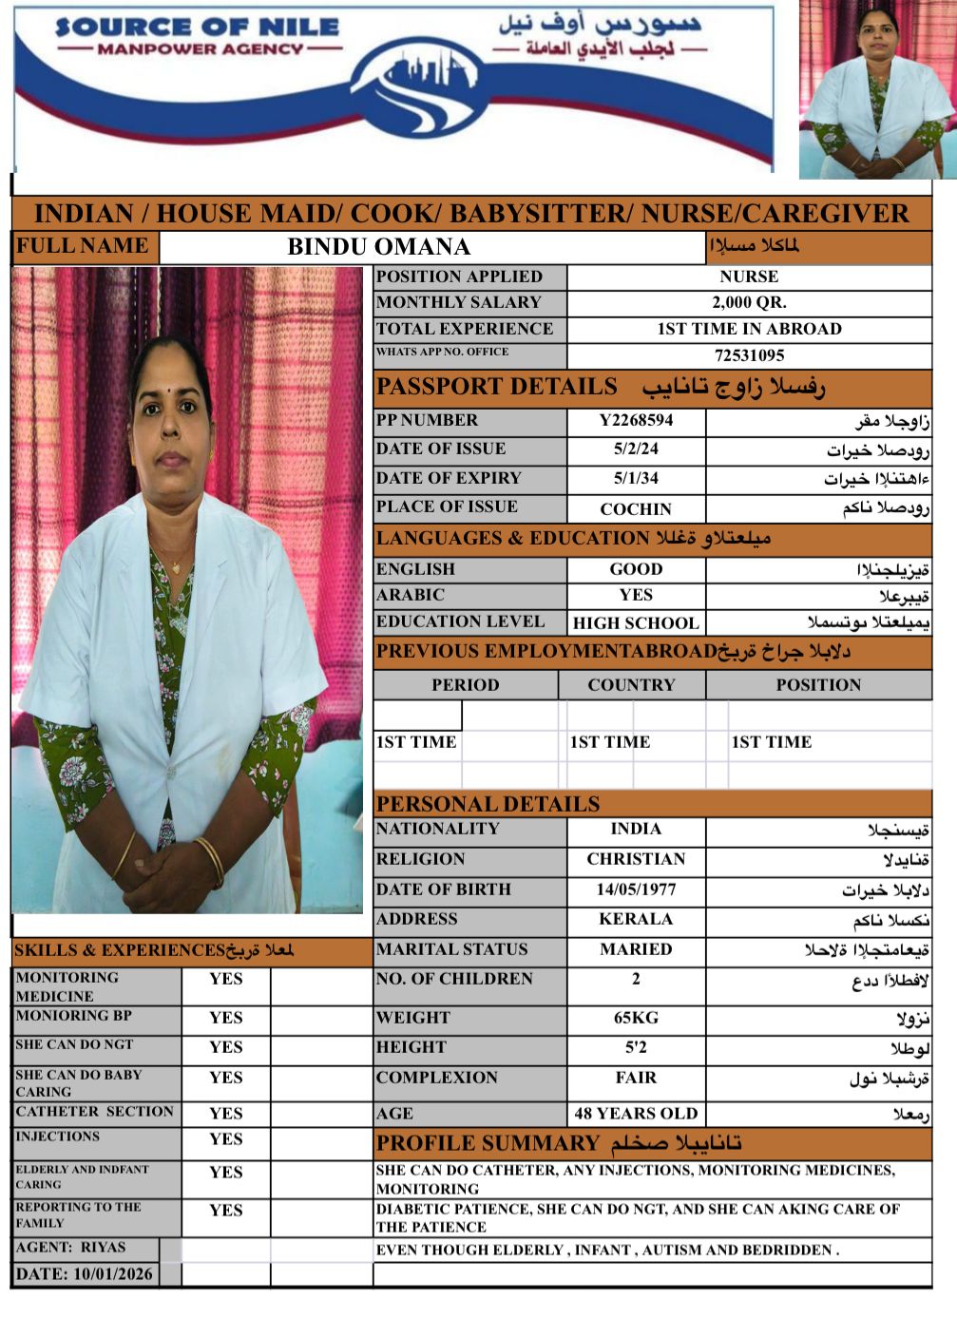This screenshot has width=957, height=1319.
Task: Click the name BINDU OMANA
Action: pyautogui.click(x=378, y=247)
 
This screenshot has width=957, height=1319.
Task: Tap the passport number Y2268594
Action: pyautogui.click(x=636, y=420)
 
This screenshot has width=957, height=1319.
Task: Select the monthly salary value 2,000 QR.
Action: pyautogui.click(x=749, y=303)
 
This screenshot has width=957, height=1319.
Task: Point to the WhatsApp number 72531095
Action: pyautogui.click(x=749, y=355)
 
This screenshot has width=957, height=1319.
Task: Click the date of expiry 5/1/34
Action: pyautogui.click(x=636, y=478)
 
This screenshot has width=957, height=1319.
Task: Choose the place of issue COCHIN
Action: pyautogui.click(x=636, y=508)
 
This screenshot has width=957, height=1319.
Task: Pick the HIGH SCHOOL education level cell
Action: pyautogui.click(x=636, y=623)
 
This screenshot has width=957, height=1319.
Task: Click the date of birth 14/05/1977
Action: pyautogui.click(x=636, y=889)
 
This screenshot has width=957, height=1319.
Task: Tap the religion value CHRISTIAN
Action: pyautogui.click(x=636, y=859)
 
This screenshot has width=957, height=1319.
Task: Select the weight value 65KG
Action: pyautogui.click(x=636, y=1018)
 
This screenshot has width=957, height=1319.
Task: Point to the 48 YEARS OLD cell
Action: pyautogui.click(x=636, y=1113)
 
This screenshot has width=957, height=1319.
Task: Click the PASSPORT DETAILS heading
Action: pyautogui.click(x=496, y=387)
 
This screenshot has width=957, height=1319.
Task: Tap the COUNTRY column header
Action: pyautogui.click(x=631, y=685)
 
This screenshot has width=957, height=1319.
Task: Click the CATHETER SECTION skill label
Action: pyautogui.click(x=95, y=1111)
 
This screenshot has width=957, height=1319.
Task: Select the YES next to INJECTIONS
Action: pyautogui.click(x=226, y=1138)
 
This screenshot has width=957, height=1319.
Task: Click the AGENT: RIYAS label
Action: pyautogui.click(x=71, y=1248)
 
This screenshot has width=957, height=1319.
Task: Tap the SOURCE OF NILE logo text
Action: pyautogui.click(x=197, y=28)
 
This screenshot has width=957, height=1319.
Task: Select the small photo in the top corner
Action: pyautogui.click(x=876, y=90)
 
